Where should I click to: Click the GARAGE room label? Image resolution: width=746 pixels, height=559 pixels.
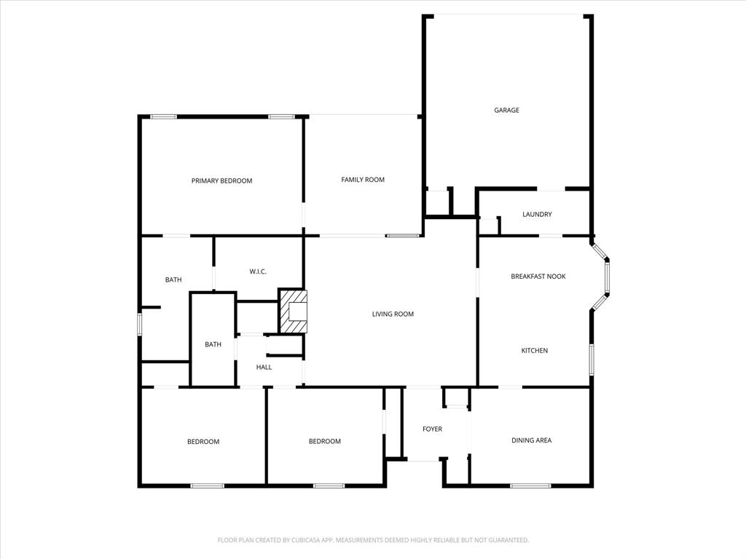click(x=506, y=111)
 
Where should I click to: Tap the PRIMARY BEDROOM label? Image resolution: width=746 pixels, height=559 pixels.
click(x=221, y=181)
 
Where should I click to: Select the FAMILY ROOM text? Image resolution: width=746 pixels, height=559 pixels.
click(x=363, y=180)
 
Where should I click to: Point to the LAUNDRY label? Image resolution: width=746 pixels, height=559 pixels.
click(x=537, y=215)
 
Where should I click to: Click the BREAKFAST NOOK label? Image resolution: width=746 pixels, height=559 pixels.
click(x=538, y=277)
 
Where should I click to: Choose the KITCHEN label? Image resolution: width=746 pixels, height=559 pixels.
click(x=534, y=351)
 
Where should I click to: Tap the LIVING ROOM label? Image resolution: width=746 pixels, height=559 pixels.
click(x=393, y=314)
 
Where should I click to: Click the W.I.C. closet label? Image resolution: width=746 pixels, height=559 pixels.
click(x=258, y=271)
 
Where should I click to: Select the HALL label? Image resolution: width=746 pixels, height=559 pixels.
click(x=264, y=368)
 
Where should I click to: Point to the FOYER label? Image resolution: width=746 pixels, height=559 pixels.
click(x=432, y=429)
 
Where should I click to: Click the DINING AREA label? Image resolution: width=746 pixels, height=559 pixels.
click(x=531, y=440)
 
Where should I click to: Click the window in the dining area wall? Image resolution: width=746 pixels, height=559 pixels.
click(x=530, y=485)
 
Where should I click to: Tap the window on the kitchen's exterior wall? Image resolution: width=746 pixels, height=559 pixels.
click(x=592, y=360)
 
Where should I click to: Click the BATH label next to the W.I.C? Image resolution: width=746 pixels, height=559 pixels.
click(x=173, y=279)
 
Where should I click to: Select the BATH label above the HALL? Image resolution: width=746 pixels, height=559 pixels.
click(x=213, y=345)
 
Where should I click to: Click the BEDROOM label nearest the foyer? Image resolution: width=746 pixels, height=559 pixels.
click(x=324, y=441)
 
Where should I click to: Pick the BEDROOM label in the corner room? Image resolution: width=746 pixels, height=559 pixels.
click(x=203, y=442)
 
